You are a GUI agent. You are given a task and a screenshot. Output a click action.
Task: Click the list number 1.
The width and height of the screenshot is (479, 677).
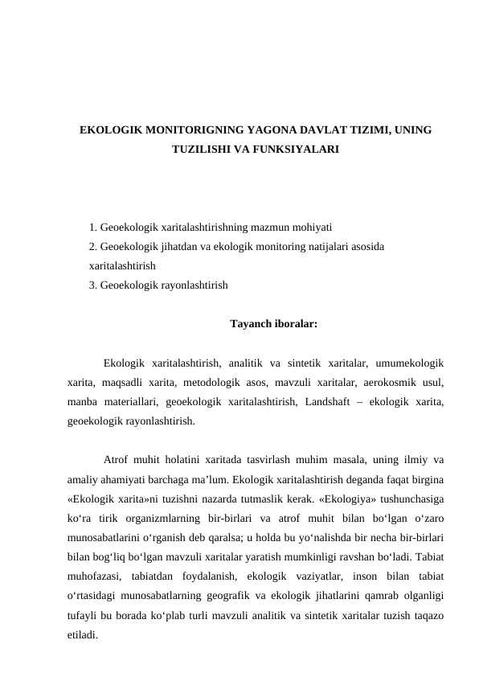pos(93,228)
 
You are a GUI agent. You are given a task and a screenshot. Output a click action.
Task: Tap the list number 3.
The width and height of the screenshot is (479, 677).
pos(93,285)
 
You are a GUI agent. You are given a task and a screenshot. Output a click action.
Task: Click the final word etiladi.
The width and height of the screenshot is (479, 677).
pos(83,634)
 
